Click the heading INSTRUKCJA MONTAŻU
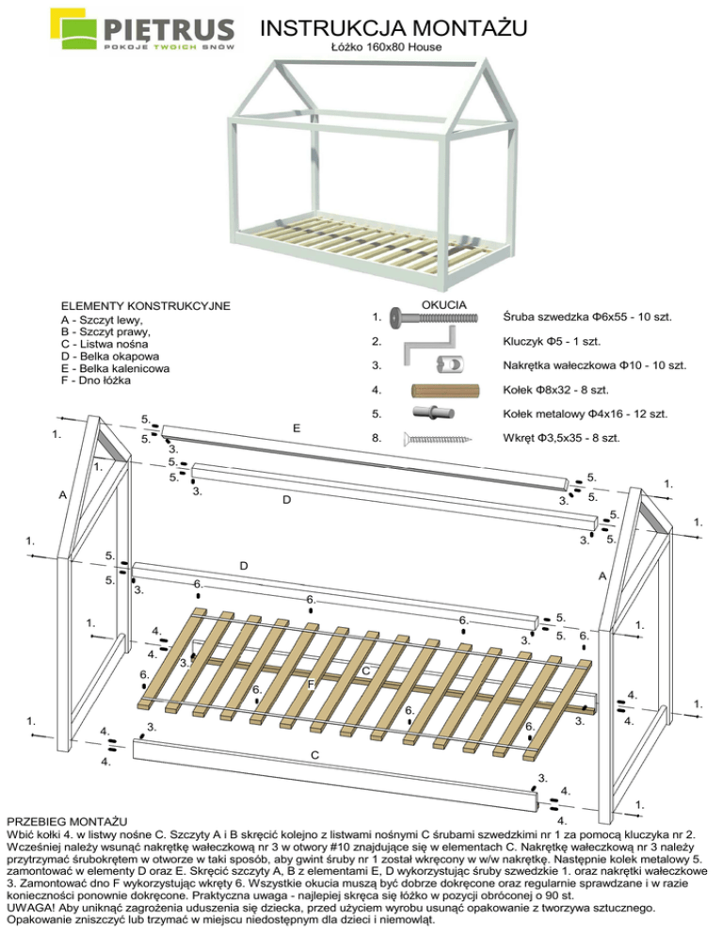[x=394, y=27]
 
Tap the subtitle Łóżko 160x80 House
[x=386, y=46]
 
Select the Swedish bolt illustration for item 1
[x=434, y=317]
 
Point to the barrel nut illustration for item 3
[x=451, y=364]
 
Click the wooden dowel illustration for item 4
[x=445, y=391]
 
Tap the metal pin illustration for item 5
[x=433, y=412]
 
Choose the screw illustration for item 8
[x=438, y=439]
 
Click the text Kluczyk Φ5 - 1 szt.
[x=552, y=342]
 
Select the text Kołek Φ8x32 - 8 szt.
[x=555, y=390]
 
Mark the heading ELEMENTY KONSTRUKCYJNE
[x=146, y=306]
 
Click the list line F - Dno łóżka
[x=95, y=380]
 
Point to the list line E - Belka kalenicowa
[x=115, y=368]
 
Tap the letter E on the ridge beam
[x=297, y=428]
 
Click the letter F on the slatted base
[x=311, y=685]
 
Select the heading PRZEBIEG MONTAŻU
[x=67, y=822]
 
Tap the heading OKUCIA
[x=444, y=304]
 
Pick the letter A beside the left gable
[x=63, y=495]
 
